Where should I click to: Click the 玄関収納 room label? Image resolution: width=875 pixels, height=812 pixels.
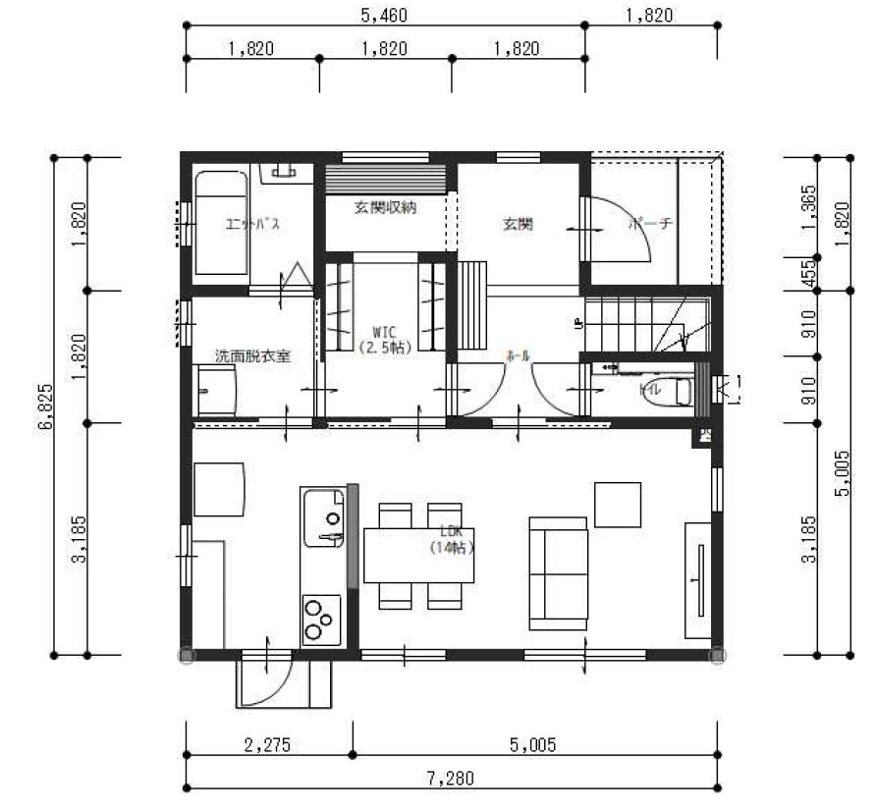coord(386,207)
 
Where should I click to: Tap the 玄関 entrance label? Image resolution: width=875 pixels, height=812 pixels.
coord(518,225)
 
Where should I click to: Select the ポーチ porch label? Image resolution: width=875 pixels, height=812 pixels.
coord(650,224)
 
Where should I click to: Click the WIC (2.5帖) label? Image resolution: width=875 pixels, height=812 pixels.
coord(384,340)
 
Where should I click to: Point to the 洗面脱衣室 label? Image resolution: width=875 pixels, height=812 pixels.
coord(252,356)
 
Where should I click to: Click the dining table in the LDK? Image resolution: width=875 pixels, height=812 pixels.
coord(419,556)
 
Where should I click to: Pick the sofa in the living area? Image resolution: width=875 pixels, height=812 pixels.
coord(557,572)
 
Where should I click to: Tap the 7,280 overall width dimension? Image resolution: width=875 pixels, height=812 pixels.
coord(451,779)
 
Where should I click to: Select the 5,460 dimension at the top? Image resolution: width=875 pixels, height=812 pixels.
coord(384,16)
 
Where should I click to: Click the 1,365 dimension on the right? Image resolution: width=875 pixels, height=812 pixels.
coord(808,207)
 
